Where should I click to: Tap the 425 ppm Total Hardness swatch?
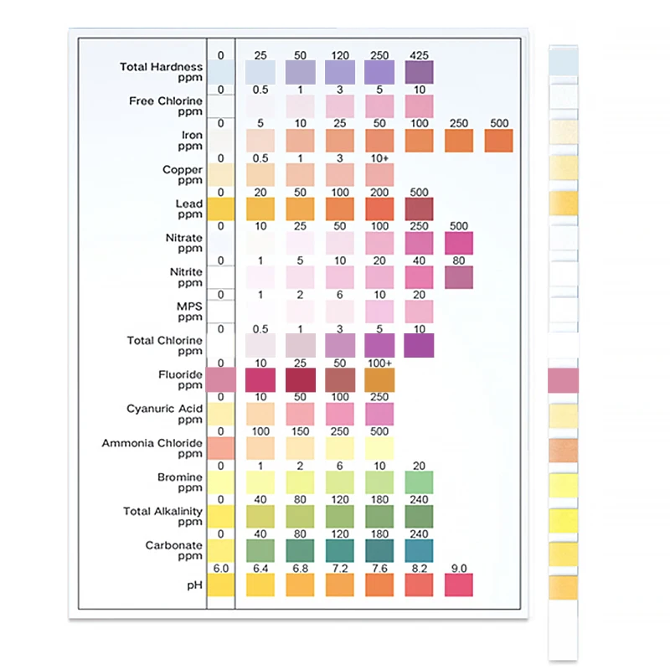[419, 72]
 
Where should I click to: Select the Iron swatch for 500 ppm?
[498, 140]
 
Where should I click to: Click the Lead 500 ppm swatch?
[419, 209]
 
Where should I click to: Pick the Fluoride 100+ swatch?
[379, 379]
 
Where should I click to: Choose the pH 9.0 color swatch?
[458, 585]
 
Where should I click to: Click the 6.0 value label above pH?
[220, 568]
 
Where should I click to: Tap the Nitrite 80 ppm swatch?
[458, 277]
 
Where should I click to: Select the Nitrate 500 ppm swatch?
[458, 243]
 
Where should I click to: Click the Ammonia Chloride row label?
[152, 448]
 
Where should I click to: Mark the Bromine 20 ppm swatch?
[419, 482]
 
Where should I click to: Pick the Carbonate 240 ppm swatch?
[419, 550]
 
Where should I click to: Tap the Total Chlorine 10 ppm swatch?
[419, 345]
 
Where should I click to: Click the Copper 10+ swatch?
[379, 174]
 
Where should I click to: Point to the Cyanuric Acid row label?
[164, 414]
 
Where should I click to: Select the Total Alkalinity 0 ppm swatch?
[220, 516]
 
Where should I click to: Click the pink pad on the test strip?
[564, 379]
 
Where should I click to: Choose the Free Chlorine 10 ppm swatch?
[419, 106]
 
